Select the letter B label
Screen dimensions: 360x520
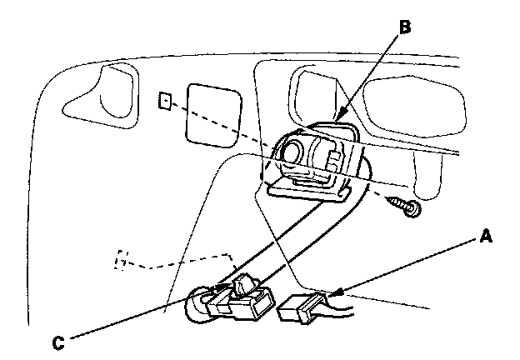pos(405,26)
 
